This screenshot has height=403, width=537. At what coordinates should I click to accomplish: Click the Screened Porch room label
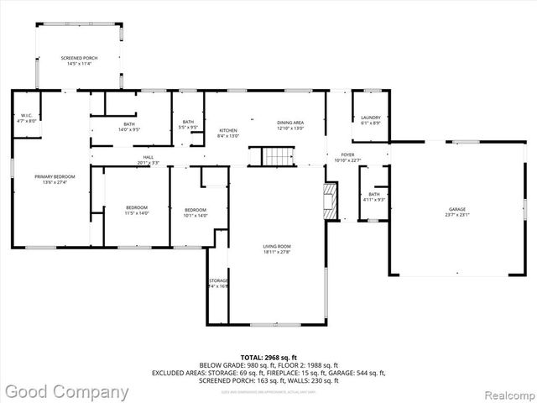pyautogui.click(x=79, y=60)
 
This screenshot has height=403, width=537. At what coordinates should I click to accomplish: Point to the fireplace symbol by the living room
pyautogui.click(x=331, y=200)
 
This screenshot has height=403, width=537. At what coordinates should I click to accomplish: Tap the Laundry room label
pyautogui.click(x=371, y=120)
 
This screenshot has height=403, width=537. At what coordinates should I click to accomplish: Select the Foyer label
pyautogui.click(x=347, y=158)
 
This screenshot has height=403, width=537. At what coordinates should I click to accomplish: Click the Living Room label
pyautogui.click(x=277, y=249)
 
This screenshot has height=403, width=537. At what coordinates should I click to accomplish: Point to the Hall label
pyautogui.click(x=148, y=160)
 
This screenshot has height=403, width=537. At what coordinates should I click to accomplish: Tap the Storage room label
pyautogui.click(x=217, y=283)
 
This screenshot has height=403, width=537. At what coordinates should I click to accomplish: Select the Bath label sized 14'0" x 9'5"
pyautogui.click(x=129, y=128)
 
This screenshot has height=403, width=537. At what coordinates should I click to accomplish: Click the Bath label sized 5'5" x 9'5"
pyautogui.click(x=188, y=125)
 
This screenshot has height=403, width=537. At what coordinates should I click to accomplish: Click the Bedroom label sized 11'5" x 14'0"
pyautogui.click(x=137, y=210)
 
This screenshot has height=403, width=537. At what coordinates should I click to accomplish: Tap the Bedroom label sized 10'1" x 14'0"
pyautogui.click(x=196, y=212)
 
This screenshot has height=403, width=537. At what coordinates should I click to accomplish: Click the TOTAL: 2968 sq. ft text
pyautogui.click(x=268, y=358)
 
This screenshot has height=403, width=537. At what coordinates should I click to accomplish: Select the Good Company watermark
pyautogui.click(x=67, y=391)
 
